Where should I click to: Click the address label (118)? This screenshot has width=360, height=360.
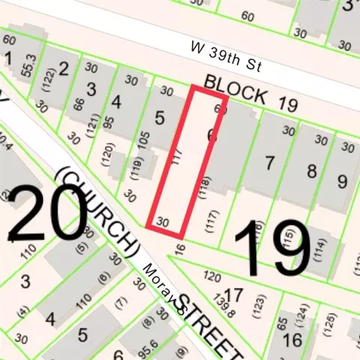(x=202, y=185)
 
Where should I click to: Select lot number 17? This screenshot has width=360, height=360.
(x=233, y=294)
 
